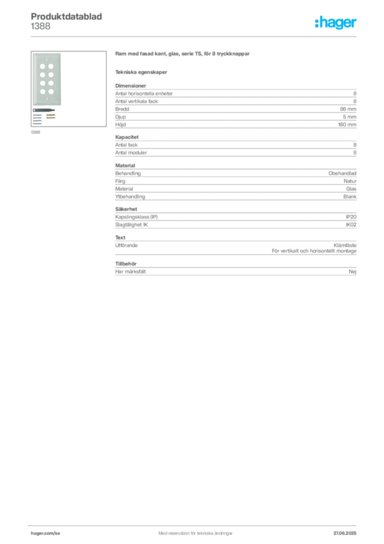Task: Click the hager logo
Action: pos(336,23)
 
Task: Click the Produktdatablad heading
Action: pos(66,16)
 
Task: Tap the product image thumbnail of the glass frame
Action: pos(68,89)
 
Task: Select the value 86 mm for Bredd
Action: pos(348,109)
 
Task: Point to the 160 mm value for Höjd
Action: pos(347,124)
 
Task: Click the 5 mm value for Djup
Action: pos(350,117)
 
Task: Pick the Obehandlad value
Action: pos(343,173)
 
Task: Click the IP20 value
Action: pos(351,217)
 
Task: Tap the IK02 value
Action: pos(351,225)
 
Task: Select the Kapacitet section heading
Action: pos(127,137)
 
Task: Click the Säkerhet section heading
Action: pos(126,209)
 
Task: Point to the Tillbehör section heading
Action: pos(126,263)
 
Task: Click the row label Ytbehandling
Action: pos(130,197)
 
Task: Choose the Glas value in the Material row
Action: pos(351,189)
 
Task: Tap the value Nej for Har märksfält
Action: pos(353,271)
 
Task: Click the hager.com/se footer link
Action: pos(46,533)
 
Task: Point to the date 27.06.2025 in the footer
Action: pos(345,533)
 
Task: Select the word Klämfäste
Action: pos(345,245)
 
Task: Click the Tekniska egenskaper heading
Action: pos(141,72)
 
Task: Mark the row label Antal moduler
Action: pos(131,152)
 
